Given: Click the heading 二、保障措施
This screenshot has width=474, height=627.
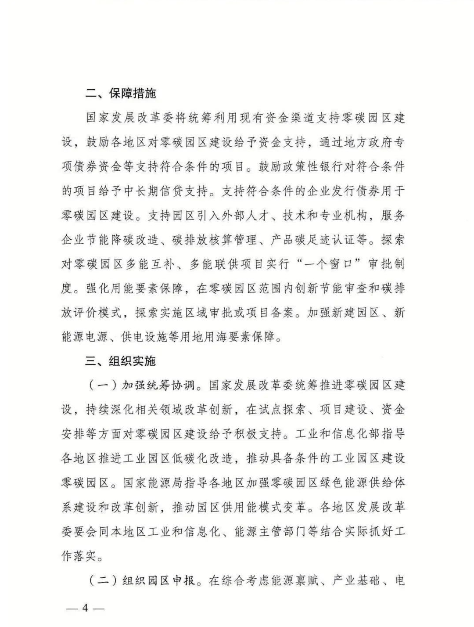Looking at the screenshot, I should pos(120,94).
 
